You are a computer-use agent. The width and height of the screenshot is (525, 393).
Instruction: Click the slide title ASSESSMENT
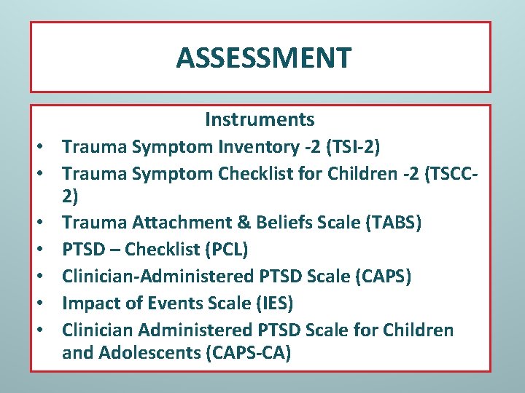(x=263, y=57)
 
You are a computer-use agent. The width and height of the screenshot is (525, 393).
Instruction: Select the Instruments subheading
(x=260, y=119)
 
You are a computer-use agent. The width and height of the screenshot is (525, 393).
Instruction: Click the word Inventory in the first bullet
(x=251, y=147)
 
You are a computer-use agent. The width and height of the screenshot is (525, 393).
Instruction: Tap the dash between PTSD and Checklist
(x=113, y=250)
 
